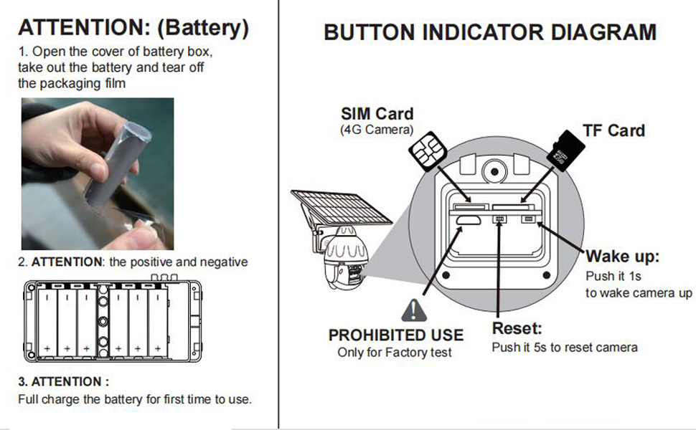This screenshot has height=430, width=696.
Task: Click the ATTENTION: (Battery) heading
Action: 133,28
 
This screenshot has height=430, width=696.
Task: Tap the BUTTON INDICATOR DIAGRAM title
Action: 489,32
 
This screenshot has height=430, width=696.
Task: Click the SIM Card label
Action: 377,114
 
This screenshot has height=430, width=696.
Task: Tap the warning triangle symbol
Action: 414,310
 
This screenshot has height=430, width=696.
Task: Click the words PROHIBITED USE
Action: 395,335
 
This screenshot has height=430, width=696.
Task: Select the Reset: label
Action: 517,329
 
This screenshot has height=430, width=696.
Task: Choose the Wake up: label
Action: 622,257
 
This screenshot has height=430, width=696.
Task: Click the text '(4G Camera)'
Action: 377,130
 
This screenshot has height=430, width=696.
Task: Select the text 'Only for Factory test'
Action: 395,353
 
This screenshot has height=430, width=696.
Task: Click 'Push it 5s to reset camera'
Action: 564,348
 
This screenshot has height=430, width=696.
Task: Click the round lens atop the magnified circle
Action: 493,171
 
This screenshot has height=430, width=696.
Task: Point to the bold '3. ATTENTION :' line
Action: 64,381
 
